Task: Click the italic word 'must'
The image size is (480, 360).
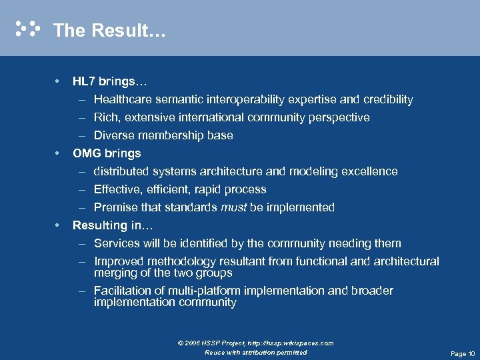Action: tap(233, 207)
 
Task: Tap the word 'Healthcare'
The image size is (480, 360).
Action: tap(123, 100)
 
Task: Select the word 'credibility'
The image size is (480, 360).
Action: tap(388, 100)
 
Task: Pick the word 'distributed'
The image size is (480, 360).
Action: tap(121, 171)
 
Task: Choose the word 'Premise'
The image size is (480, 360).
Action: tap(115, 207)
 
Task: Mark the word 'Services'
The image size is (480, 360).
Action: tap(116, 243)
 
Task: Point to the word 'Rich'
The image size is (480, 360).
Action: tap(105, 117)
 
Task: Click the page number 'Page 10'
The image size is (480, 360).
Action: tap(463, 353)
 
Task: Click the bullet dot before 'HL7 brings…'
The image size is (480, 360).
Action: tap(59, 82)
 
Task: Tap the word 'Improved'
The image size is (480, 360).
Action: tap(118, 261)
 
